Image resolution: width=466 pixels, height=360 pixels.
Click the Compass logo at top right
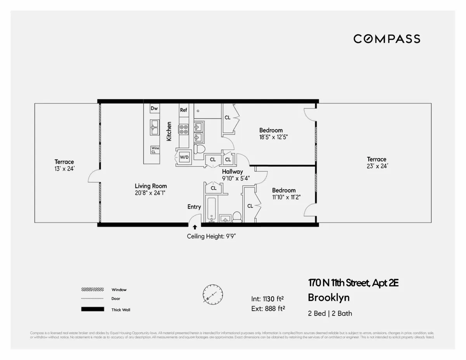[x=387, y=39]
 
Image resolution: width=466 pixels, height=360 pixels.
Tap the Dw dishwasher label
[x=154, y=109]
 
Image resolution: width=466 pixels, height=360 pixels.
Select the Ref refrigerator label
[x=183, y=110]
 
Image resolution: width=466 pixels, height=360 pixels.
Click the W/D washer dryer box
[x=184, y=157]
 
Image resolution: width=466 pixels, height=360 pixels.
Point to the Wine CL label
[x=155, y=150]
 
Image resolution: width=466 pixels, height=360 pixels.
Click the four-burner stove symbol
[x=183, y=129]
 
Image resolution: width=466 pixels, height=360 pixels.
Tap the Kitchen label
[x=169, y=131]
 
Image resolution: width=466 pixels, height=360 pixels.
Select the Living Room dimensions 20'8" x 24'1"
[x=151, y=192]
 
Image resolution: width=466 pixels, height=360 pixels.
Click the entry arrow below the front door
[x=195, y=227]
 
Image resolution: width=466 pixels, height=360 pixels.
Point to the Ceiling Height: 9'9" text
[x=212, y=237]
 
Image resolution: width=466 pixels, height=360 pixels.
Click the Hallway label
[x=233, y=171]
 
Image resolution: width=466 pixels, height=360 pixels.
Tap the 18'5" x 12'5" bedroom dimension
[x=273, y=137]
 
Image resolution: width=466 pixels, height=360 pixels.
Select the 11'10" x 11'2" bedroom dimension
[x=286, y=197]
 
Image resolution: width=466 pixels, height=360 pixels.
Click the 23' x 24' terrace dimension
[x=377, y=166]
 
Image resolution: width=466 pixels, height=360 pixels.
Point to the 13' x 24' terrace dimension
[x=64, y=168]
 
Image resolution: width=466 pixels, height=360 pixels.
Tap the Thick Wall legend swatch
[x=92, y=309]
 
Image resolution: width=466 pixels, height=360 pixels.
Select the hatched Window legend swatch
[x=92, y=289]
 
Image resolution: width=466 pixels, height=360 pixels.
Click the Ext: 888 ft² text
[x=268, y=308]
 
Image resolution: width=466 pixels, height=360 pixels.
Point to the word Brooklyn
[x=329, y=298]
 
